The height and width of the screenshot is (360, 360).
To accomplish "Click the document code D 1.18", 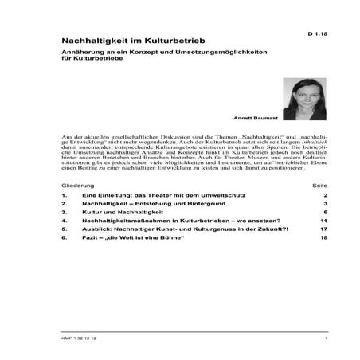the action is tap(316, 36).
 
